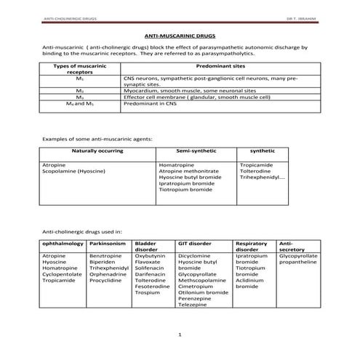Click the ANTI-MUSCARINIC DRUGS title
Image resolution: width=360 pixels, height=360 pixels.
(180, 34)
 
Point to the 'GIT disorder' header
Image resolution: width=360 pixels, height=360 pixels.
(194, 243)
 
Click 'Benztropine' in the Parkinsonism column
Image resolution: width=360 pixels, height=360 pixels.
(106, 256)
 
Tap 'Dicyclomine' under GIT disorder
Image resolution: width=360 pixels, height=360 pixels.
(194, 256)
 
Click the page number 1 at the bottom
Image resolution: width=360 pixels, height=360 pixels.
(180, 334)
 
